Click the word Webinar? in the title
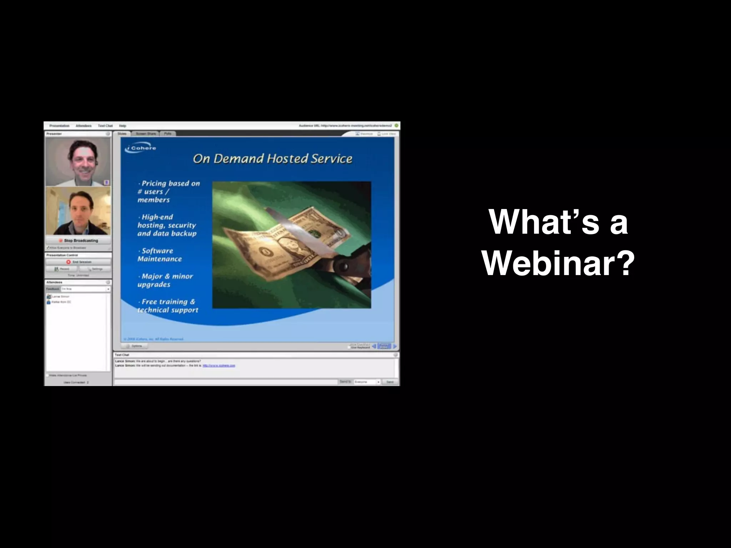tap(558, 263)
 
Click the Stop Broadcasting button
tap(78, 240)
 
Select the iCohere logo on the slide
tap(141, 148)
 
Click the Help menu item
tap(122, 126)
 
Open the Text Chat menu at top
tap(105, 126)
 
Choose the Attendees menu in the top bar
tap(84, 126)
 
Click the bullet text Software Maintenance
tap(159, 255)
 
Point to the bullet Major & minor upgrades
tap(165, 280)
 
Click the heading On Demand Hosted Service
tap(272, 158)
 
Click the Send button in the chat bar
tap(389, 382)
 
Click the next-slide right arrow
tap(395, 346)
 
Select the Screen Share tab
tap(146, 134)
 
